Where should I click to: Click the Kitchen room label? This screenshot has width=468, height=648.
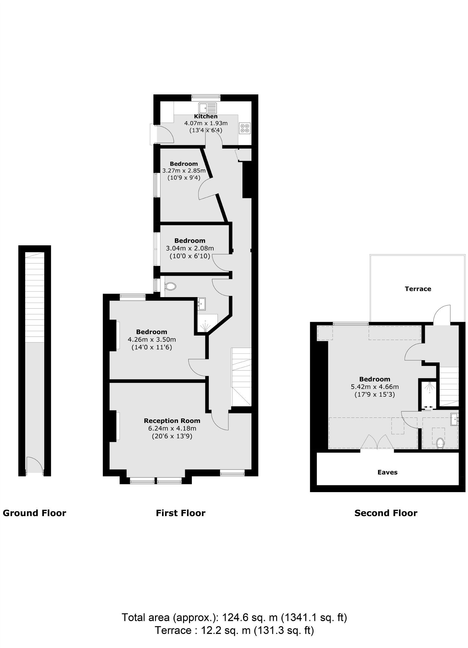205,116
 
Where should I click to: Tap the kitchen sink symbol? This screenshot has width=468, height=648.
207,108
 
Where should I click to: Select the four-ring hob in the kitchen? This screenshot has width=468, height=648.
245,128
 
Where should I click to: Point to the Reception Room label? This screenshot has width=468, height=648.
172,421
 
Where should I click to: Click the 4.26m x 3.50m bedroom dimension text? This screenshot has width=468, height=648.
152,339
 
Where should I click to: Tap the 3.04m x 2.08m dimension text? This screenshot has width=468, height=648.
190,248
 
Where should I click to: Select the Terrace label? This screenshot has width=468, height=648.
418,289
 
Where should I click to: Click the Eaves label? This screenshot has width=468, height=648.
387,472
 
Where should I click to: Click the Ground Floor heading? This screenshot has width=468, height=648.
34,513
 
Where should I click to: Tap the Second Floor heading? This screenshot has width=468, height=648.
386,513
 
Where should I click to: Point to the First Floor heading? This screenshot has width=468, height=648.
180,513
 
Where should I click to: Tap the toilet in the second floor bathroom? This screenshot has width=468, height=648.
440,443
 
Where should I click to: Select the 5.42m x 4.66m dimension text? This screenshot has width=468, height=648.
374,387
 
